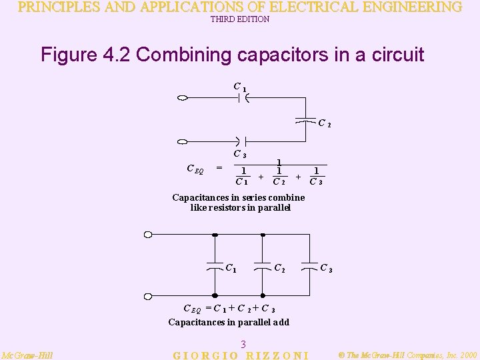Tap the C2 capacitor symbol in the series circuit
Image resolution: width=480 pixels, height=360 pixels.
(x=305, y=121)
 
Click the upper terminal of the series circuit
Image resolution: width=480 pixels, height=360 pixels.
(x=182, y=99)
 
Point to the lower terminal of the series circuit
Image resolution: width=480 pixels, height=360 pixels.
(x=182, y=142)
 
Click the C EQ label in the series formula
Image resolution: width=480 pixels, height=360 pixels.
(x=195, y=169)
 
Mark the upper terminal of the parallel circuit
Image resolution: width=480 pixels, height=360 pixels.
(x=148, y=235)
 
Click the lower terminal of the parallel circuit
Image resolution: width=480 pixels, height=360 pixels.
(x=148, y=295)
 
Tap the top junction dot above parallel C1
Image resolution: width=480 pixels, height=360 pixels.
(x=215, y=235)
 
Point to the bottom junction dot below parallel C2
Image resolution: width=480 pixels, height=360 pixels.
(x=263, y=295)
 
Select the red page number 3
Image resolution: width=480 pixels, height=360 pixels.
(x=243, y=344)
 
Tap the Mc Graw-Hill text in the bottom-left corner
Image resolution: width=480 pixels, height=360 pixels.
(x=27, y=355)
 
